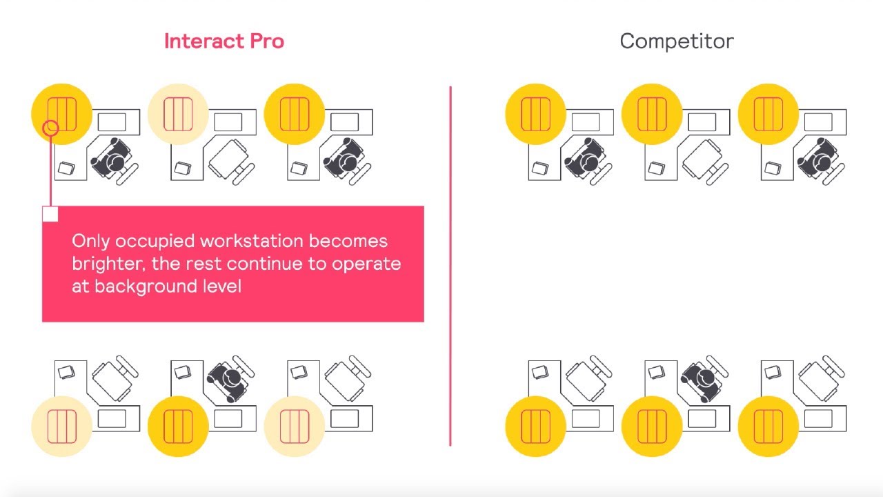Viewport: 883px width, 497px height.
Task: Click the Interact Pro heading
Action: tap(224, 41)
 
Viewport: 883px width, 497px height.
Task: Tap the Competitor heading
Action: tap(676, 41)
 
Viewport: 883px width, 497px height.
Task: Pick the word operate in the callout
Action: tap(366, 264)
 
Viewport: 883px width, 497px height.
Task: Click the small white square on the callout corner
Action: tap(50, 214)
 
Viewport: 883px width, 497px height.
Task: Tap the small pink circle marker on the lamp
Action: tap(50, 128)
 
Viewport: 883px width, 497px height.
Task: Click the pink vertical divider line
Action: tap(450, 266)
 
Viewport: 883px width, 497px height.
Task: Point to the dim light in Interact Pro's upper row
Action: tap(178, 114)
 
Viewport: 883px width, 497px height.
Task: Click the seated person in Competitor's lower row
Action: tap(703, 378)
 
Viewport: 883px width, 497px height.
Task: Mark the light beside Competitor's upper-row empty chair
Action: tap(651, 114)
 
